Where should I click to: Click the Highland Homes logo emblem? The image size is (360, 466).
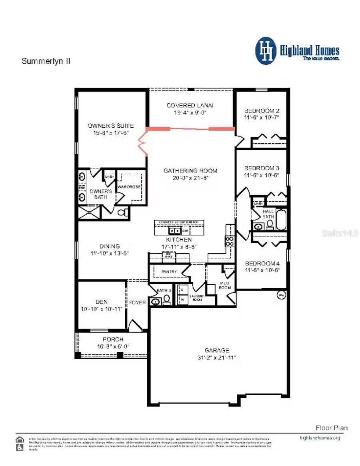266,51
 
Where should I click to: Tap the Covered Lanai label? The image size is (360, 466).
190,105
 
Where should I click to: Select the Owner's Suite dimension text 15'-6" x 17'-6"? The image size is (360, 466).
111,133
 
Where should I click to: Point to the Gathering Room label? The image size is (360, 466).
190,171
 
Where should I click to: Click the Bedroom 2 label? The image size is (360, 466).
262,111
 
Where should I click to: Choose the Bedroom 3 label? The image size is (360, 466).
262,168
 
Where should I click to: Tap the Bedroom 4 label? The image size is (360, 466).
262,263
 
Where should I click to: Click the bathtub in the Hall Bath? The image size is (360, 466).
281,220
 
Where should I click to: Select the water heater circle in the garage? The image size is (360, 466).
281,295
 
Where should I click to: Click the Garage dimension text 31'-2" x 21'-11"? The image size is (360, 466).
218,357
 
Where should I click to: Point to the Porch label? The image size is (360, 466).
113,339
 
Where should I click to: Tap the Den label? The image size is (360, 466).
102,302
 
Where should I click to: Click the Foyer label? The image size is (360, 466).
137,303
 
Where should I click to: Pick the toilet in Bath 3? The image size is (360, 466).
166,300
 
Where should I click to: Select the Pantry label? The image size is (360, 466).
169,272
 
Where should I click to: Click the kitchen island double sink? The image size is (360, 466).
174,231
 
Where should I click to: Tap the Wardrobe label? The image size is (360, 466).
128,186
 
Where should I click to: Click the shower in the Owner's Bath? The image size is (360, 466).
89,212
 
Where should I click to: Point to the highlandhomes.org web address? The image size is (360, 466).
320,438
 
